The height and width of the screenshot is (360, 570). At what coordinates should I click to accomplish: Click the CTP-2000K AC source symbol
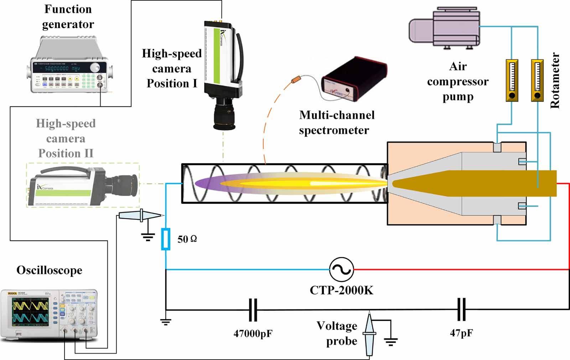[x=341, y=270]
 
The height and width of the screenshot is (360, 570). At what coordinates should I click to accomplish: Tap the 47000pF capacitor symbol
[x=253, y=310]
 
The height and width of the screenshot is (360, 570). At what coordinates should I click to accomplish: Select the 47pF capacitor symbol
[x=461, y=309]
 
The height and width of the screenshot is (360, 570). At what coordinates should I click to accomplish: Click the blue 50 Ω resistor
[x=166, y=239]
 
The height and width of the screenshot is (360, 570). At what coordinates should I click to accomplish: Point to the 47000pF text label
[x=253, y=334]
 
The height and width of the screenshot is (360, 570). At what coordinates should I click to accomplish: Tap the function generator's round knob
[x=95, y=68]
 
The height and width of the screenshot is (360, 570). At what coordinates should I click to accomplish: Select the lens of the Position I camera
[x=224, y=116]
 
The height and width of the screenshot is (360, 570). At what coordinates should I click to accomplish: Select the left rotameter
[x=512, y=80]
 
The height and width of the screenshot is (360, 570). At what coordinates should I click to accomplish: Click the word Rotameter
[x=555, y=80]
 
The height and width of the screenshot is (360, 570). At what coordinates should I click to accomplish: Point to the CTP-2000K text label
[x=341, y=290]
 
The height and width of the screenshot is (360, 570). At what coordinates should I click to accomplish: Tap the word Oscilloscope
[x=49, y=270]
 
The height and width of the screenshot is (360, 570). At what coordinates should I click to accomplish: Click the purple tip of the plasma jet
[x=203, y=183]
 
